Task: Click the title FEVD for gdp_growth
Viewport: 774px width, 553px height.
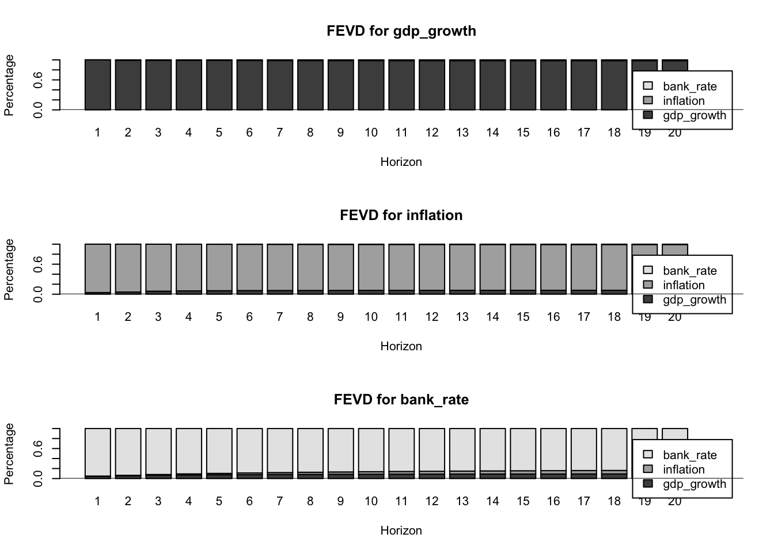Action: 401,31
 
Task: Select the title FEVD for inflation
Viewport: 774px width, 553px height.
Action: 401,215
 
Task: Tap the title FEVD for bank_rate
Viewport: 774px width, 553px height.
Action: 401,399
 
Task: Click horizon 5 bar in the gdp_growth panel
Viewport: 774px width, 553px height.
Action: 219,85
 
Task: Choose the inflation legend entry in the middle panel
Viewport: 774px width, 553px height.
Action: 684,285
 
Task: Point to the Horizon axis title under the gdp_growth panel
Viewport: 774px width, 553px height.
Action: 401,162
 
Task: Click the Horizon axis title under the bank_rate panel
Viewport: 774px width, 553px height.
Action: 401,531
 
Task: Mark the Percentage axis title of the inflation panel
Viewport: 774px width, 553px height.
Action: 9,269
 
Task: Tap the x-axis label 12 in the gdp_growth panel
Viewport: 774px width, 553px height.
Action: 432,132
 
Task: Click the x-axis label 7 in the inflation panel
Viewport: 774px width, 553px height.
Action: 280,317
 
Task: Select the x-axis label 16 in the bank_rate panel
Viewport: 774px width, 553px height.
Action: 553,501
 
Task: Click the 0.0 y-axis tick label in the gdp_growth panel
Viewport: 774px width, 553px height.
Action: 38,109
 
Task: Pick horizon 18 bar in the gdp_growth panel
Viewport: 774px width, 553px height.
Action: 614,85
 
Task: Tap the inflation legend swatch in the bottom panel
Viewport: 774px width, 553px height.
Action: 648,469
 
